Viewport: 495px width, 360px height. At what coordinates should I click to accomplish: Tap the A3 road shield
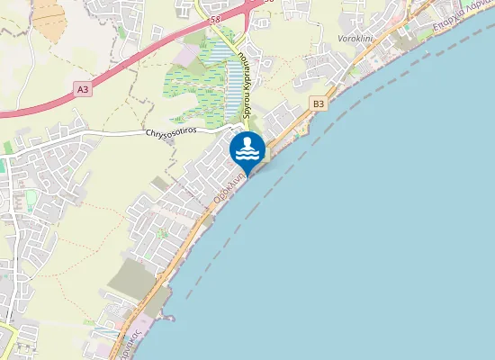pos(83,89)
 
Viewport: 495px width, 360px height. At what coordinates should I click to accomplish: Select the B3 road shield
pos(318,104)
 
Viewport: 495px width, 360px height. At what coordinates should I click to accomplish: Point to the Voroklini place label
pos(355,40)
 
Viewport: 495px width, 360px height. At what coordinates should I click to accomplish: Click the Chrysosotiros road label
pos(170,132)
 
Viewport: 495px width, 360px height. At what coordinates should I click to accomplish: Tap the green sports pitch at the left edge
pos(8,147)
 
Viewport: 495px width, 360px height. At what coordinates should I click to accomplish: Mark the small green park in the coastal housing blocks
pos(163,233)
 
